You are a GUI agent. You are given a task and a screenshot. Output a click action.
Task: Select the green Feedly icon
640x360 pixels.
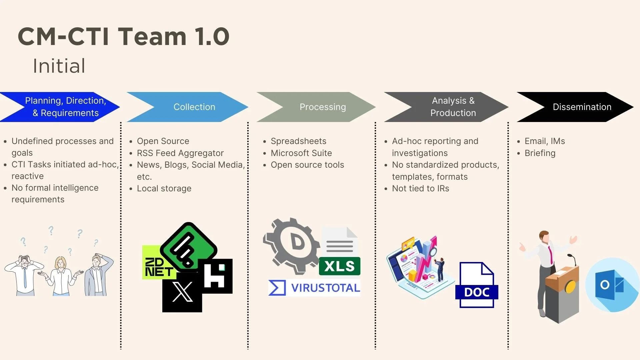click(189, 247)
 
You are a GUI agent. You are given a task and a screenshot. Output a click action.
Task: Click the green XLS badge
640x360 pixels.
click(339, 266)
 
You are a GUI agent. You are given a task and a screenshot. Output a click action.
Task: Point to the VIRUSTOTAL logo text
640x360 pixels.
click(325, 288)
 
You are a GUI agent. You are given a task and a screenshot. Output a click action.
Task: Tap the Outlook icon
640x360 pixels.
click(612, 285)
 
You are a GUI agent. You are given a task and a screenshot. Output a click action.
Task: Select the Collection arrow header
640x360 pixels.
click(194, 107)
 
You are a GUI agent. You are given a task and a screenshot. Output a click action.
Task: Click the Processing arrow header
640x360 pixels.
click(322, 107)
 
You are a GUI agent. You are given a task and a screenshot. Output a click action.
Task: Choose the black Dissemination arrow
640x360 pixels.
click(582, 107)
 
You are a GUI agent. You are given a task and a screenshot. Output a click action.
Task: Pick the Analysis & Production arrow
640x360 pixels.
click(453, 107)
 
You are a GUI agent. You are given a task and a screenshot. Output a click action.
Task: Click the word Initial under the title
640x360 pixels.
click(59, 66)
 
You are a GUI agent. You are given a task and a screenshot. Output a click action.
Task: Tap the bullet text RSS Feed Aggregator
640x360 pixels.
click(180, 153)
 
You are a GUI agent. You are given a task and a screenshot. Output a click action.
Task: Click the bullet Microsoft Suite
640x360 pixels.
click(301, 153)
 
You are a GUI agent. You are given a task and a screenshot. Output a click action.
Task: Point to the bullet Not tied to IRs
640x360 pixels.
click(420, 188)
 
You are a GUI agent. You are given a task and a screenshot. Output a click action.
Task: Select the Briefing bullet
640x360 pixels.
click(540, 153)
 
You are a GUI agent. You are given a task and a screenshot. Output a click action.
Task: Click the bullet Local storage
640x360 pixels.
click(164, 188)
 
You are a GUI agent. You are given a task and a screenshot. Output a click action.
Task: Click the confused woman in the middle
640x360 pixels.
click(61, 275)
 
